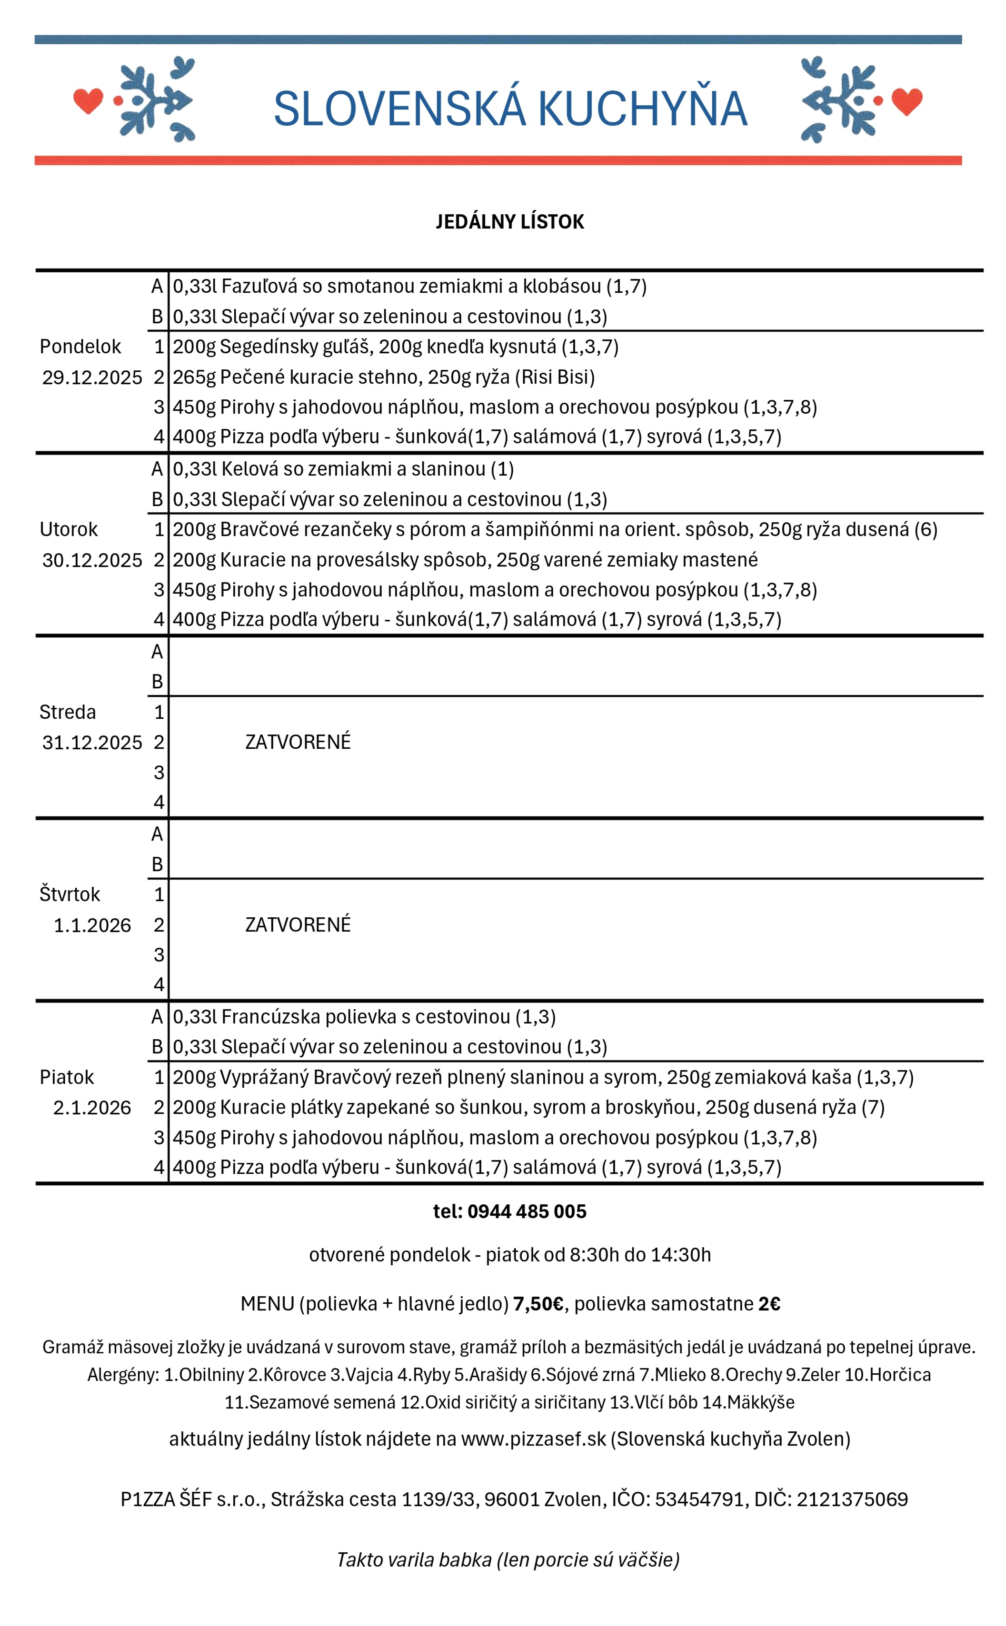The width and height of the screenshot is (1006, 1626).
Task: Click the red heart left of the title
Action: [x=88, y=100]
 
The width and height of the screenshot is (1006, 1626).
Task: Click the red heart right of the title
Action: [x=907, y=100]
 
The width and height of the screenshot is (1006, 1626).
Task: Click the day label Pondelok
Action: [x=80, y=347]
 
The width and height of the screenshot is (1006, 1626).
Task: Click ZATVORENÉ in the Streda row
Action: [x=298, y=742]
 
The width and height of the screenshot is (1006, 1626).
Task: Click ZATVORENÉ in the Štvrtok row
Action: [x=298, y=924]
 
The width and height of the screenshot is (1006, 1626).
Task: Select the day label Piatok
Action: [x=67, y=1077]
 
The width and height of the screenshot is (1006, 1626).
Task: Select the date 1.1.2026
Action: [x=92, y=925]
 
